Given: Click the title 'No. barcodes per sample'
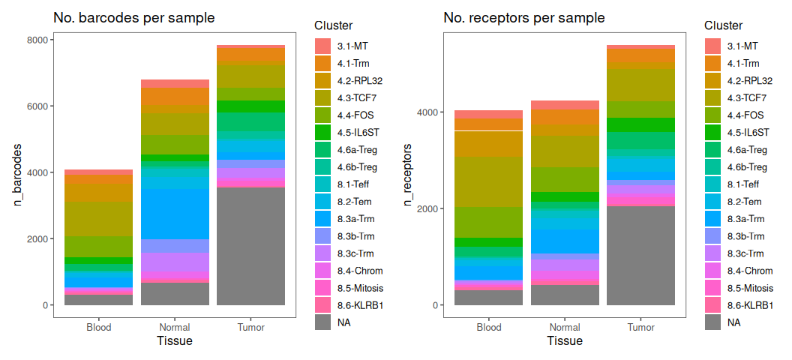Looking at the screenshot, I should tap(134, 17).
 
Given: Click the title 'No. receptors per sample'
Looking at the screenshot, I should tap(524, 17).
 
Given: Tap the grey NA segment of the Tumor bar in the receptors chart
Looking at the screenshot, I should tap(641, 255).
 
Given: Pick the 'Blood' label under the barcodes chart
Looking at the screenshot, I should tap(99, 327).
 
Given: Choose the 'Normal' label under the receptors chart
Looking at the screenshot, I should tap(565, 327).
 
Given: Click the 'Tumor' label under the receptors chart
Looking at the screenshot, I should tap(641, 327).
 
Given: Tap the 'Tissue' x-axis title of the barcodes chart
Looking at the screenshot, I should tap(175, 342).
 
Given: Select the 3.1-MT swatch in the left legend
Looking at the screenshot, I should tap(322, 46).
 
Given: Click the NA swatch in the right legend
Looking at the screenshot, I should tap(712, 322).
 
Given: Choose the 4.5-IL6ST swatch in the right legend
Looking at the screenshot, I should tap(712, 133).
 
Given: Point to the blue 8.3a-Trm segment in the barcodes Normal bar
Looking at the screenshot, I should tap(175, 214).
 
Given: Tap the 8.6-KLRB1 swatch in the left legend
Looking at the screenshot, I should tap(322, 305).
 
